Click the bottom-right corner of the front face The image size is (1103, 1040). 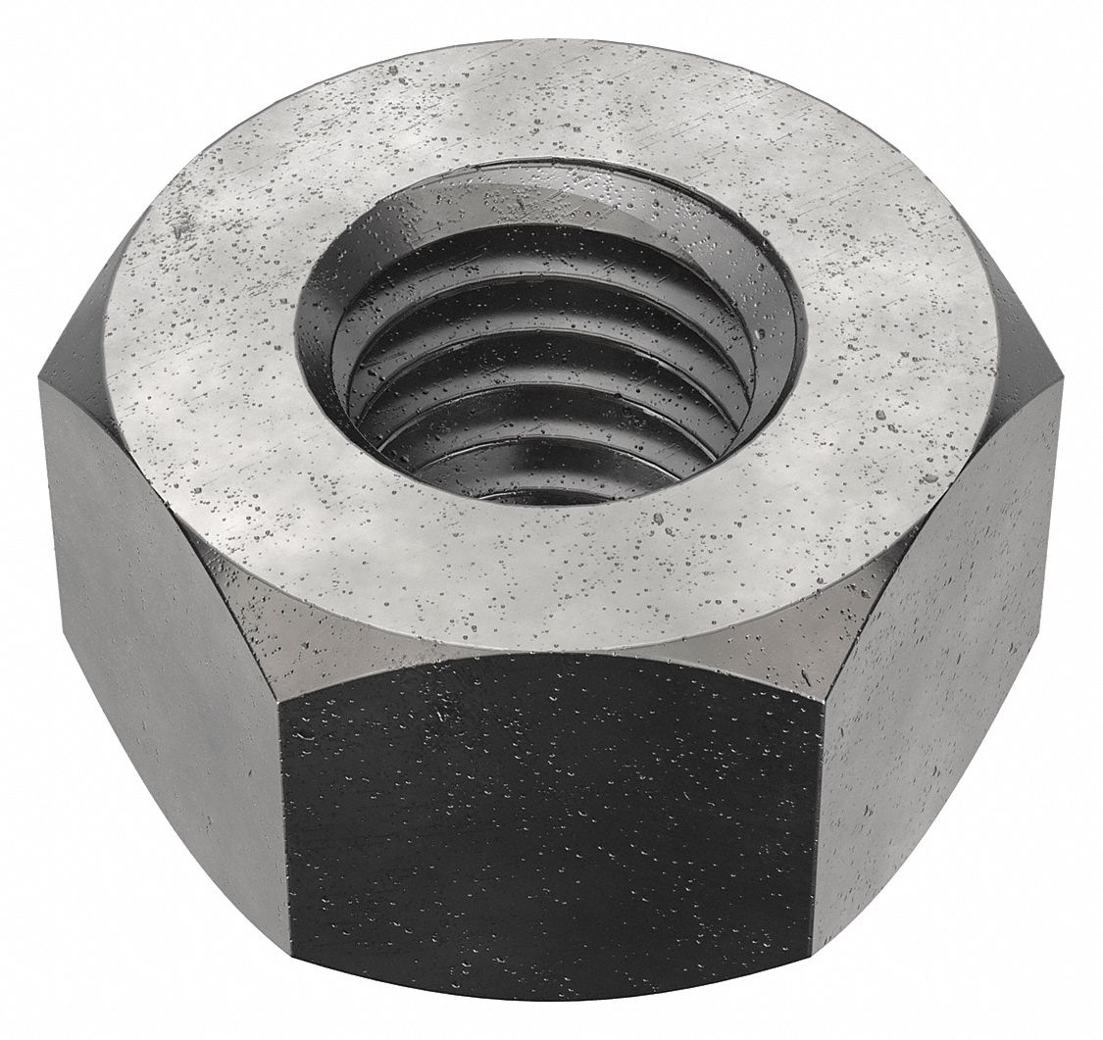(813, 1000)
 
